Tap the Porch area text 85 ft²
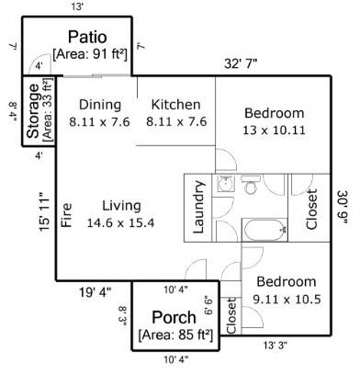[175, 335]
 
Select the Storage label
[33, 111]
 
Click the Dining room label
[99, 104]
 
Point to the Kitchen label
[175, 104]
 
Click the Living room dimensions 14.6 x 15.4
[120, 222]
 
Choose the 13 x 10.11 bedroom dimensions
[273, 131]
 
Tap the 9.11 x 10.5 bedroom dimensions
[286, 299]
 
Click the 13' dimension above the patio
[77, 7]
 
